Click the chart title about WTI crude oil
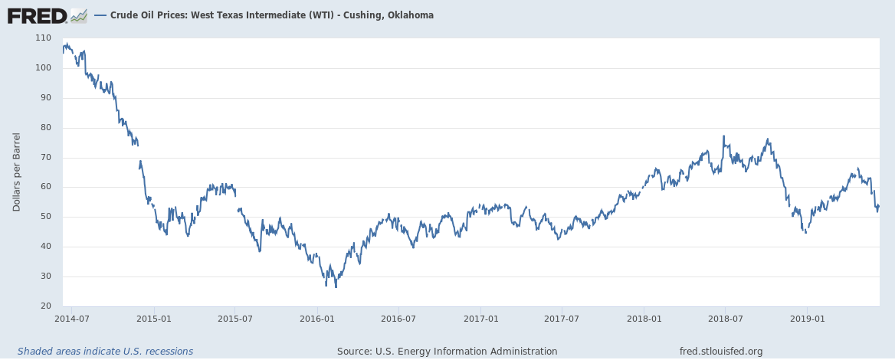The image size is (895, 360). pos(272,15)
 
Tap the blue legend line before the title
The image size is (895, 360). pos(101,15)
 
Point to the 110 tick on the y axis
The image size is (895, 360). pos(43,38)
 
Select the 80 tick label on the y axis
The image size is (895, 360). pos(45,127)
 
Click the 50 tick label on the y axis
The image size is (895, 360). pos(45,217)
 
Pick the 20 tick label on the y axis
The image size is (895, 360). pos(45,306)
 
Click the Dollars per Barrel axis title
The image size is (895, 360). pos(17,172)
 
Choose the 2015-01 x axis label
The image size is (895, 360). pos(153,318)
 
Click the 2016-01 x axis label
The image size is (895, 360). pos(317,318)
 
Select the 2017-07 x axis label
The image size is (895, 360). pos(562,318)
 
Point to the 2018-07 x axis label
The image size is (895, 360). pos(725,318)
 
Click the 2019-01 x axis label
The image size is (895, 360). pos(807,318)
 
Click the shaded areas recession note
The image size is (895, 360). pos(105,352)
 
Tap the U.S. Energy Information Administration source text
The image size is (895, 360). pos(447,352)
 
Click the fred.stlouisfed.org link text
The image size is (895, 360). pos(721,352)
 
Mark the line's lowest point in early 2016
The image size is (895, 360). pos(336,286)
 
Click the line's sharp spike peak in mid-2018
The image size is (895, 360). pos(723,136)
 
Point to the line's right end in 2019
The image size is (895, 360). pos(878,205)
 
